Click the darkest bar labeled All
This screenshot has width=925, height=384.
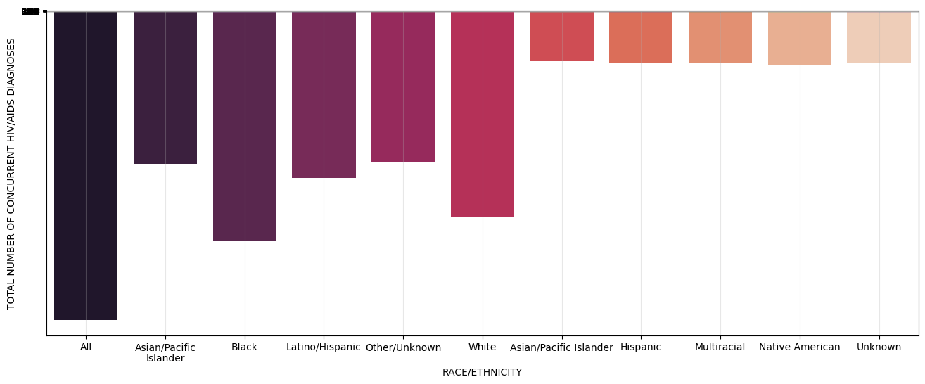[x=86, y=165]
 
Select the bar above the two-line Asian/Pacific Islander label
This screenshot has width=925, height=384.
[x=165, y=88]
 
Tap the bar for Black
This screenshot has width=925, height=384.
[x=245, y=126]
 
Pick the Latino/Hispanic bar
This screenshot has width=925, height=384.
[x=324, y=95]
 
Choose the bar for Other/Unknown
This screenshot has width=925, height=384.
[x=403, y=87]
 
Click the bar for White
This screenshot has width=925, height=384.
[x=483, y=115]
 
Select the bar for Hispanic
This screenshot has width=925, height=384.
[x=641, y=37]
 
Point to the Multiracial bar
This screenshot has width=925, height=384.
[x=720, y=37]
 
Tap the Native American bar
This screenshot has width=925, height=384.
[x=800, y=38]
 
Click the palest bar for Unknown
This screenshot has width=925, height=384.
[x=879, y=37]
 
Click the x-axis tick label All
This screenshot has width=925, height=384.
[x=86, y=347]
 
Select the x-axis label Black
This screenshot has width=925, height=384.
[x=245, y=347]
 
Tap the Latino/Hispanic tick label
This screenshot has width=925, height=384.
[x=324, y=347]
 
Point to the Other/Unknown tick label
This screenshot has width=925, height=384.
[x=403, y=348]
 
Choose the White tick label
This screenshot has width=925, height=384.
[x=483, y=347]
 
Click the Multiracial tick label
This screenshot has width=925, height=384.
[x=720, y=347]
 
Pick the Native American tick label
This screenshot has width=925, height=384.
[x=800, y=347]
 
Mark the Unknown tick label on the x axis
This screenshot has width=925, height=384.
[x=879, y=347]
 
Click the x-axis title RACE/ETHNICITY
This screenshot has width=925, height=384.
[x=482, y=373]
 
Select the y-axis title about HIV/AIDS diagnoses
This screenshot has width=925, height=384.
[x=11, y=174]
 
